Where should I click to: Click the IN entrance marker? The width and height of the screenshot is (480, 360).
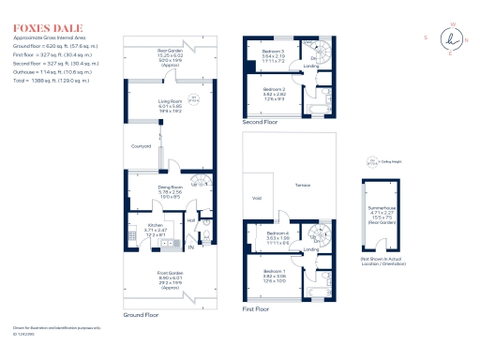190,248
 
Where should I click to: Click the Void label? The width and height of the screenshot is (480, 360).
257,198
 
